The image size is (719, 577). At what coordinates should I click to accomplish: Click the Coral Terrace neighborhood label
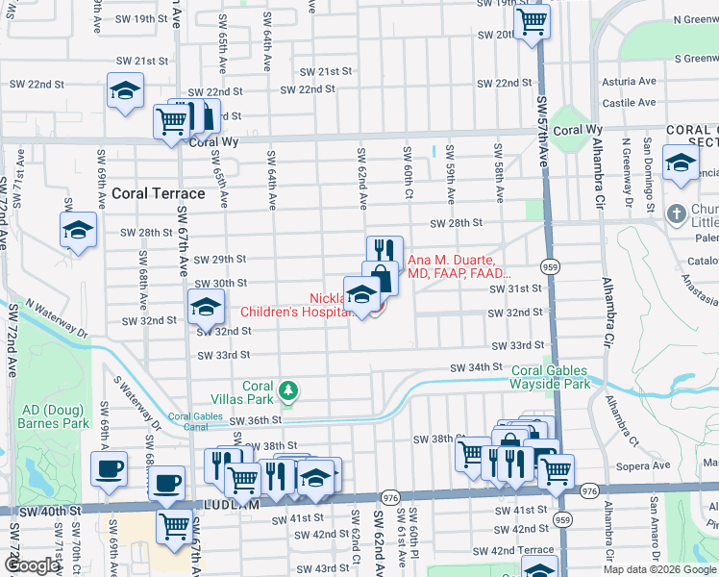click(x=159, y=193)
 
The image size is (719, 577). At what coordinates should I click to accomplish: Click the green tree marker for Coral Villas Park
click(x=288, y=390)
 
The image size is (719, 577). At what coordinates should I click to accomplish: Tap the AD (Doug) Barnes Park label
click(x=54, y=416)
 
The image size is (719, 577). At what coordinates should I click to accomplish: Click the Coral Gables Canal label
click(x=195, y=421)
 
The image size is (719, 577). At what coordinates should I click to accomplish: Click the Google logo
click(x=32, y=566)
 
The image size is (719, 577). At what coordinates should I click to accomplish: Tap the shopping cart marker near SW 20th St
click(x=532, y=21)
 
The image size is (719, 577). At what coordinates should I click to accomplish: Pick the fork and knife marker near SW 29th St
click(x=384, y=251)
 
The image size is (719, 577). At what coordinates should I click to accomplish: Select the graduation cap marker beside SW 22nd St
click(x=124, y=91)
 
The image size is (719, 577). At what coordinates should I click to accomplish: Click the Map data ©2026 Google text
click(x=658, y=569)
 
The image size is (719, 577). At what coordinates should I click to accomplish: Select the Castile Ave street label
click(x=629, y=103)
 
